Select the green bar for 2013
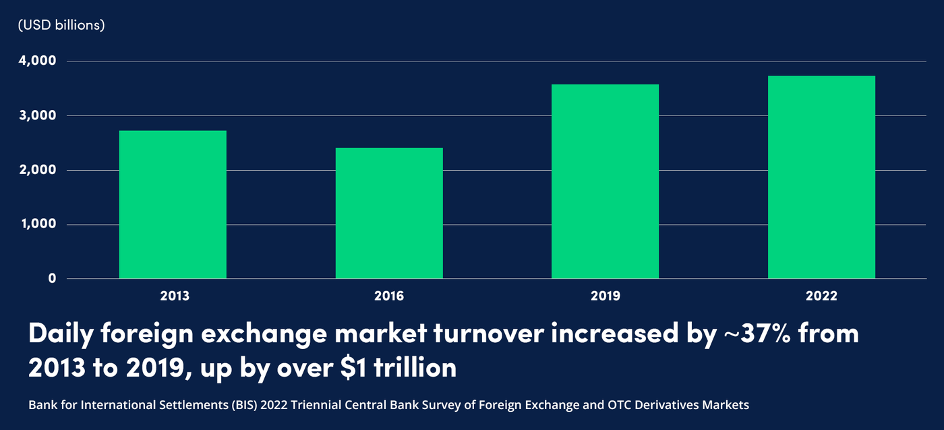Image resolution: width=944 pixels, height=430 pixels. click(173, 205)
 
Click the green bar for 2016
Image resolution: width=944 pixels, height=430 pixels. click(389, 213)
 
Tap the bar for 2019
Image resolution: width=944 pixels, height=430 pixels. click(605, 182)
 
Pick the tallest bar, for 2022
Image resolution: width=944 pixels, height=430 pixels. click(821, 177)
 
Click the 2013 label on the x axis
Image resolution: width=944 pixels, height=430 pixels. click(175, 296)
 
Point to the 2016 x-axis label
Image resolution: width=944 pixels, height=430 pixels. click(390, 296)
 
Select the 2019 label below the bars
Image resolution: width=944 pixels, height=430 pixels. click(606, 296)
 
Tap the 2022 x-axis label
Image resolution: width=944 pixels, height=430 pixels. click(822, 296)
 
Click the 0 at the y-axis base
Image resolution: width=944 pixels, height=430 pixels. click(52, 278)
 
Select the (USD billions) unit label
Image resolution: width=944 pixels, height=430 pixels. click(61, 26)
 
